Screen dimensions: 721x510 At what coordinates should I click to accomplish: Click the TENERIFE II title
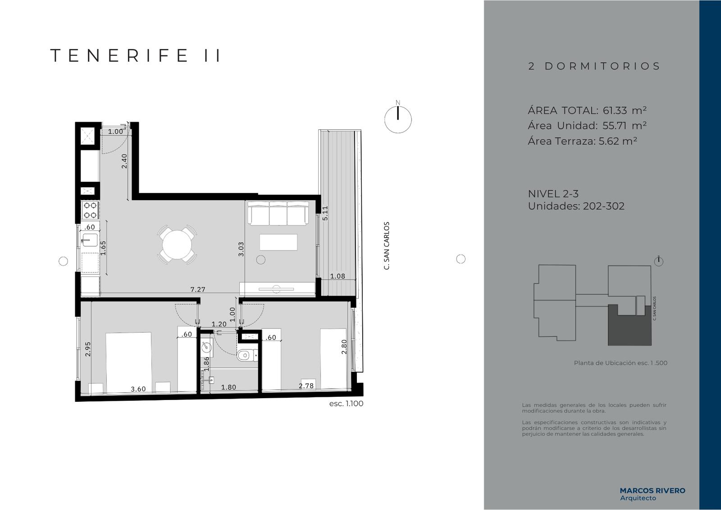136,55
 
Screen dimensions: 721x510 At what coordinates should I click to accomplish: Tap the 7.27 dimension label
198,289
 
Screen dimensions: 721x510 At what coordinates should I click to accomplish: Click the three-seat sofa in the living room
278,213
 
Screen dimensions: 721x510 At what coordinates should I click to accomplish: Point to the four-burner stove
90,210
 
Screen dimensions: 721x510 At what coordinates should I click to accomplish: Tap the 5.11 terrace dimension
325,213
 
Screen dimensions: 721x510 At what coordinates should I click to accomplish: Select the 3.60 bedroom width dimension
138,389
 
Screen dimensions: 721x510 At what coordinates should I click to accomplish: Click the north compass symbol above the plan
398,118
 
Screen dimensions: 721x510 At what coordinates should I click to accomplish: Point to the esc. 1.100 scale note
346,404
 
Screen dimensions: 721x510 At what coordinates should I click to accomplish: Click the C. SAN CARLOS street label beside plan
387,245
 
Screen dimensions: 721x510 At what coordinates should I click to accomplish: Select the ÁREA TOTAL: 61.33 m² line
587,110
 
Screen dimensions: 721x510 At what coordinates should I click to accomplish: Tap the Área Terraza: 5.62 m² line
583,141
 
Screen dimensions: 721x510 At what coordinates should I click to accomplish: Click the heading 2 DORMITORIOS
594,66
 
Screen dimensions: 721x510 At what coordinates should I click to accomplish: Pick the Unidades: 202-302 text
576,206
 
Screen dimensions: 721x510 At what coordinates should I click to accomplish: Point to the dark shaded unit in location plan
630,329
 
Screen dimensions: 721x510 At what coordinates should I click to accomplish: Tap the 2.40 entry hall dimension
124,161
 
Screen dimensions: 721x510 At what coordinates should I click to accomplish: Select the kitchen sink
89,239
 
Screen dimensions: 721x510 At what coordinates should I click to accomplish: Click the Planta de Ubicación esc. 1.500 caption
621,363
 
